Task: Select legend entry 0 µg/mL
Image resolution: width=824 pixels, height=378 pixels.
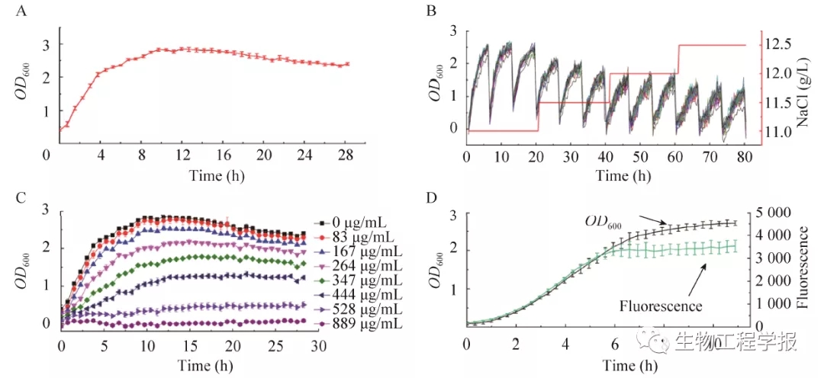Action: pos(351,222)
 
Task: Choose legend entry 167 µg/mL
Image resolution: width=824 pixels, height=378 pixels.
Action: pos(357,250)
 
